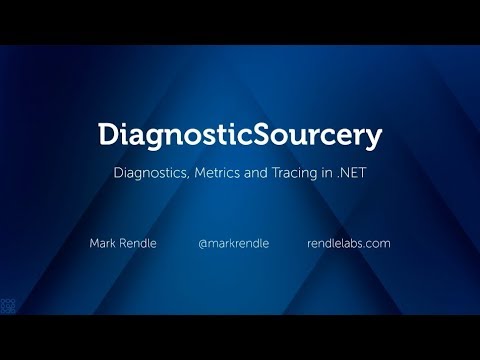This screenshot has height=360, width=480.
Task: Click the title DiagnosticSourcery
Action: coord(240,134)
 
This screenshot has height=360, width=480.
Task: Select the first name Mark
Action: coord(103,243)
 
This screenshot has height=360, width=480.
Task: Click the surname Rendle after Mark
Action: coord(137,243)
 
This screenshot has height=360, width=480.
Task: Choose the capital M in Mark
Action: coord(95,243)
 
